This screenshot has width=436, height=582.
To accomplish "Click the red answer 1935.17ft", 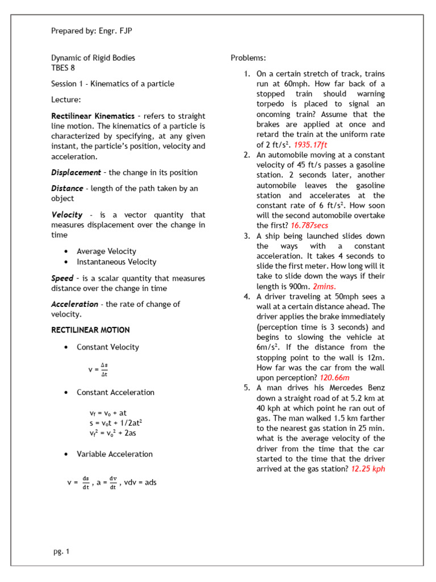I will pyautogui.click(x=310, y=145).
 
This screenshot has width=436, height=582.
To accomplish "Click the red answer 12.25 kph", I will pyautogui.click(x=368, y=469).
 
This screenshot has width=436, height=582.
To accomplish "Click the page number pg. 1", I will pyautogui.click(x=60, y=551).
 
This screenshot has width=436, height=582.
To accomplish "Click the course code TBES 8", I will pyautogui.click(x=63, y=68).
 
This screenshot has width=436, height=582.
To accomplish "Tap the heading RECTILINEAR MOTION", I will pyautogui.click(x=90, y=330).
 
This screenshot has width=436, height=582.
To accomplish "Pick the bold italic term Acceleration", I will pyautogui.click(x=74, y=304).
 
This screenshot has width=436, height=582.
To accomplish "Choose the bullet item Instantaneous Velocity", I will pyautogui.click(x=116, y=262).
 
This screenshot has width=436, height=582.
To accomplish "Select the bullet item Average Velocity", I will pyautogui.click(x=106, y=251).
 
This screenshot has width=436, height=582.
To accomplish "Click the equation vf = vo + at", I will pyautogui.click(x=108, y=413).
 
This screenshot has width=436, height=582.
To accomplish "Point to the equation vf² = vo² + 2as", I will pyautogui.click(x=113, y=433).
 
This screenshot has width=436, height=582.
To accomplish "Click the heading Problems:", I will pyautogui.click(x=248, y=58).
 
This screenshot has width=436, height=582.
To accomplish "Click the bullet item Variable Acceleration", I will pyautogui.click(x=115, y=454).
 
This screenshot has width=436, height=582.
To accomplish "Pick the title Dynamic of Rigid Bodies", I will pyautogui.click(x=93, y=58).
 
